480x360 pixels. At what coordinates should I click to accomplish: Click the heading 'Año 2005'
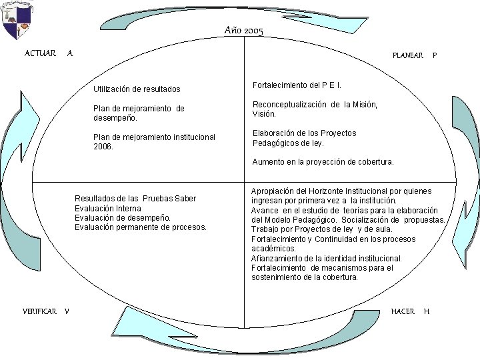pyautogui.click(x=243, y=31)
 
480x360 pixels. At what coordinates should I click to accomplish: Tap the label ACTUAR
pyautogui.click(x=40, y=53)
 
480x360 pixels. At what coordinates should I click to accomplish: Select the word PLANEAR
pyautogui.click(x=407, y=55)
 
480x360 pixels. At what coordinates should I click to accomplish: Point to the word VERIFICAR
pyautogui.click(x=39, y=311)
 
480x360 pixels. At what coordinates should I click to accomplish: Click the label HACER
pyautogui.click(x=403, y=311)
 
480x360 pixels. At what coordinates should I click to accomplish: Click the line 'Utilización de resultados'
pyautogui.click(x=137, y=89)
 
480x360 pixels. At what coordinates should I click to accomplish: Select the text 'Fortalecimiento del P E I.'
pyautogui.click(x=297, y=85)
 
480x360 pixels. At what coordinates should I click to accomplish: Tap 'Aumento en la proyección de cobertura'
pyautogui.click(x=323, y=162)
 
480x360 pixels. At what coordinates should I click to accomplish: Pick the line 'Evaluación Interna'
pyautogui.click(x=107, y=209)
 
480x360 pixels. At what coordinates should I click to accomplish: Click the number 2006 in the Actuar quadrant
pyautogui.click(x=103, y=147)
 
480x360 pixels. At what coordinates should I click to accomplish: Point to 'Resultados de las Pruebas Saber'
pyautogui.click(x=135, y=199)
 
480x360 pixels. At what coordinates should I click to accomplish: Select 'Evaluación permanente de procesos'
pyautogui.click(x=141, y=227)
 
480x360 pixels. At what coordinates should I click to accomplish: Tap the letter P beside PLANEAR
pyautogui.click(x=435, y=55)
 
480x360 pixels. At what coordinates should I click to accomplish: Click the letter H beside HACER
pyautogui.click(x=427, y=311)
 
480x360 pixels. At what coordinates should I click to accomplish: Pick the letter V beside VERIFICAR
pyautogui.click(x=68, y=311)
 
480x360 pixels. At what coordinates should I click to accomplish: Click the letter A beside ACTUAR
pyautogui.click(x=70, y=53)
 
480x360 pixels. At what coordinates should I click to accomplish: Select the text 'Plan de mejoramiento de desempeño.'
pyautogui.click(x=139, y=113)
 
